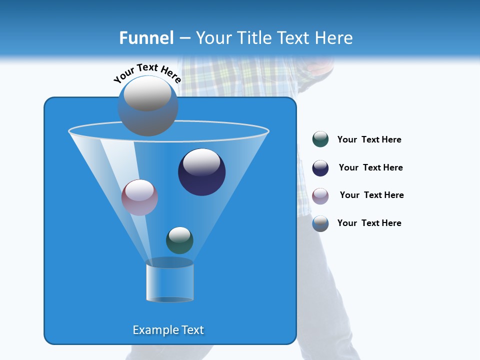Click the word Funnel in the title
pyautogui.click(x=146, y=38)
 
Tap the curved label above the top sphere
pyautogui.click(x=147, y=72)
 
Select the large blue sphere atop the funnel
pyautogui.click(x=148, y=106)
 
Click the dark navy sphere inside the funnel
pyautogui.click(x=202, y=172)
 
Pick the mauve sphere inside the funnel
pyautogui.click(x=140, y=197)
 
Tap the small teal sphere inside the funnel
pyautogui.click(x=179, y=240)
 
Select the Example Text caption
pyautogui.click(x=168, y=330)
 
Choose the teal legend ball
pyautogui.click(x=320, y=139)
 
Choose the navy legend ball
pyautogui.click(x=320, y=168)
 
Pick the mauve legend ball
pyautogui.click(x=320, y=195)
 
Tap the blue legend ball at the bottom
pyautogui.click(x=320, y=223)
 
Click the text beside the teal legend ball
pyautogui.click(x=369, y=140)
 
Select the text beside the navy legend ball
pyautogui.click(x=370, y=168)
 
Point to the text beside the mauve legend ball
pyautogui.click(x=371, y=195)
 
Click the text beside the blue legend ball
pyautogui.click(x=369, y=223)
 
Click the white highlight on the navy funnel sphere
pyautogui.click(x=202, y=162)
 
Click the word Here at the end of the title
pyautogui.click(x=334, y=38)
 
